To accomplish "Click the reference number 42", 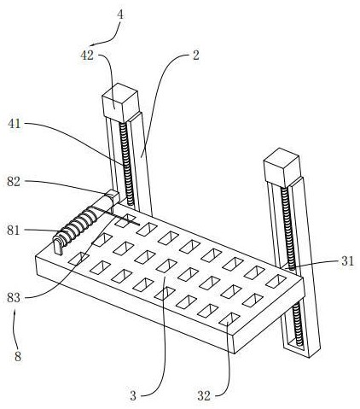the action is coord(87,56).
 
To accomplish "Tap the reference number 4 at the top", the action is coord(120,15).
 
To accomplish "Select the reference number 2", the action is coord(196,56).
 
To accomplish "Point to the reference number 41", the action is coord(15,124).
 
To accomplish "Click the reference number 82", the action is coord(14,182).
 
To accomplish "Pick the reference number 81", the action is coord(14,230).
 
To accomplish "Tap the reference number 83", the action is coord(14,298).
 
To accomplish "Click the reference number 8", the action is coord(18,356).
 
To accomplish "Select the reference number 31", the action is coord(347,261).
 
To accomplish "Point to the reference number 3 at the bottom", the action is coord(133,396).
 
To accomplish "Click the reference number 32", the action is coord(204,396).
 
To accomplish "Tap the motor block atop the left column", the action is coord(120,102).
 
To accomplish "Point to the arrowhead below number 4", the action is coord(93,44).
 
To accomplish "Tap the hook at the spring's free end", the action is coord(59,246).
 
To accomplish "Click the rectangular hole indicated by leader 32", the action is coord(229,318).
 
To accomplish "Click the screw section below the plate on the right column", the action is coord(298,324).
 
